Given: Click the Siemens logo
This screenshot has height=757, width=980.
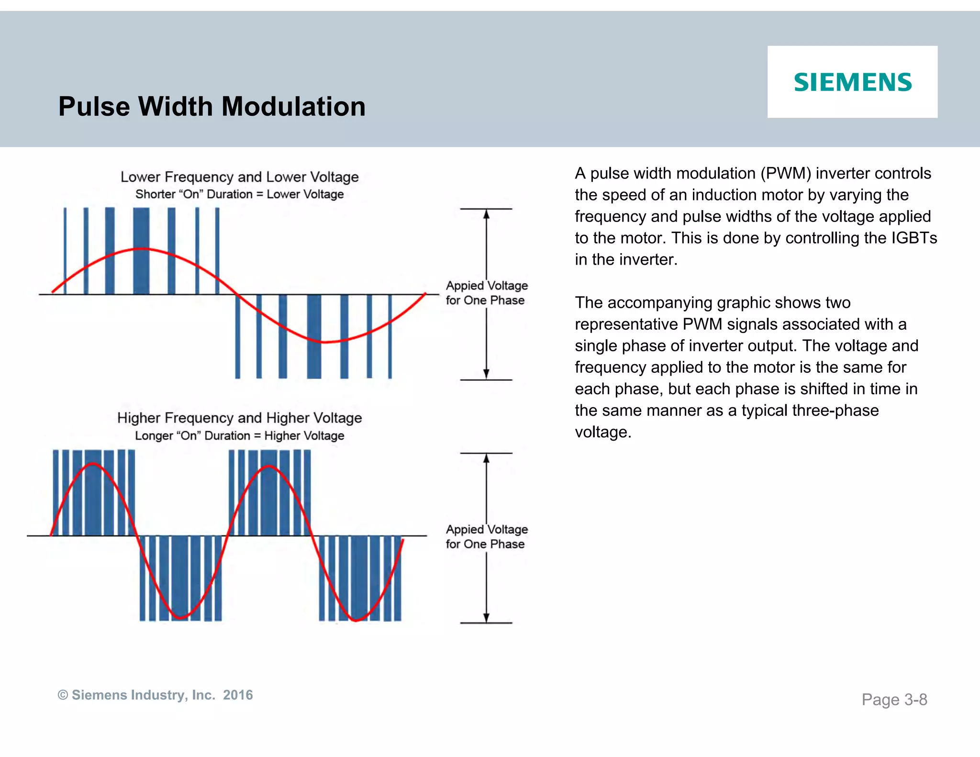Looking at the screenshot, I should [852, 82].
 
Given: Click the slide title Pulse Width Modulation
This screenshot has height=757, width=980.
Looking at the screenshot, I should [212, 106].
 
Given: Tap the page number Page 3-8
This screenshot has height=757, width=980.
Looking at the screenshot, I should [894, 700].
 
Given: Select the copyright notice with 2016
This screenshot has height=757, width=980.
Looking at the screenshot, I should [155, 695].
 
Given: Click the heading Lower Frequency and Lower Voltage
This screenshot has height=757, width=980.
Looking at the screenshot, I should [239, 177].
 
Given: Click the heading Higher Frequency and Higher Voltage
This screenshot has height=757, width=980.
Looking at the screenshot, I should [239, 418].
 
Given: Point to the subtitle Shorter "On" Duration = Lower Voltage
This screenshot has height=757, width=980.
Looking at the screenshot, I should [239, 194].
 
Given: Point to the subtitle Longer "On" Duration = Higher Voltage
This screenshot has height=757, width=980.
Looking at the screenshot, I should [239, 435].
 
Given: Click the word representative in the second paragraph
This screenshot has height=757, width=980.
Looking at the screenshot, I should [626, 324].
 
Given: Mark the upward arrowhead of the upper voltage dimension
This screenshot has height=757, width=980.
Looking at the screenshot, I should [486, 214].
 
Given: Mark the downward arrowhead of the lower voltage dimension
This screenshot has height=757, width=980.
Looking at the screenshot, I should [486, 617].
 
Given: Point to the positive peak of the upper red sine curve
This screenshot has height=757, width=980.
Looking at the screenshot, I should [141, 249].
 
